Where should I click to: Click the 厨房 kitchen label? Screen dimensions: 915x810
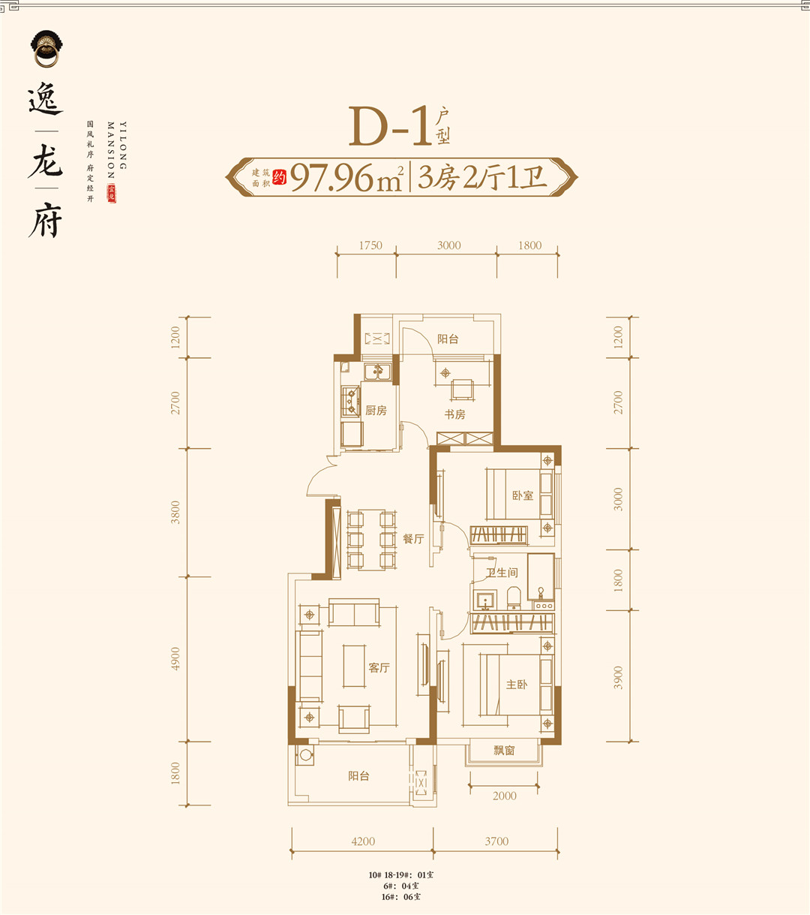[376, 411]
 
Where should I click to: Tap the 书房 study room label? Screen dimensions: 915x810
[454, 414]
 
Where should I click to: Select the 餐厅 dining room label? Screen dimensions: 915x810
[413, 539]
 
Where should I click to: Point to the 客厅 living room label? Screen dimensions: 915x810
[379, 668]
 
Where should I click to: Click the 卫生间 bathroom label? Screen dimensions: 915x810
[502, 573]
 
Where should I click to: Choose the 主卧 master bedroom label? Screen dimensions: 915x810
[517, 685]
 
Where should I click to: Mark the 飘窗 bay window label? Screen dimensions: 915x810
[504, 750]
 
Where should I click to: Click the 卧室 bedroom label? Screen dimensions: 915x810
[523, 495]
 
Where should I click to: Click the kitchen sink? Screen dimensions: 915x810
[374, 372]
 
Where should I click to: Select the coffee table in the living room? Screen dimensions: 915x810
[355, 666]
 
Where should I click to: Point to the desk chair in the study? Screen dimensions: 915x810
[462, 390]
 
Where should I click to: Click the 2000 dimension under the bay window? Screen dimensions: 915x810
[504, 796]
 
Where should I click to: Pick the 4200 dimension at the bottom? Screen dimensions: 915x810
[363, 841]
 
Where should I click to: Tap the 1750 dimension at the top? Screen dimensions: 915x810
[370, 245]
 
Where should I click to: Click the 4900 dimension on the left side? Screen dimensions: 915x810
[175, 658]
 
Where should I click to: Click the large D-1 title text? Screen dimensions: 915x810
[388, 126]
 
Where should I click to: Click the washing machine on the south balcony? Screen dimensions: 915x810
[305, 755]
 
